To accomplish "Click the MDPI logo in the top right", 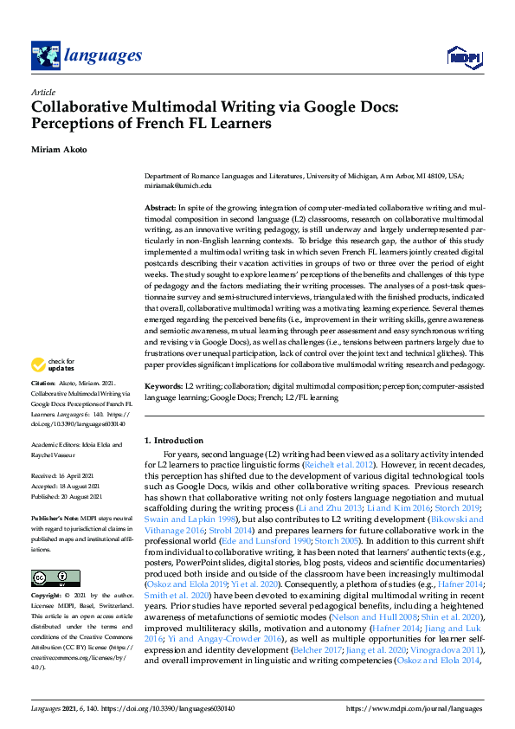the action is coord(464,56).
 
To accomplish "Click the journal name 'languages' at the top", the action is coord(102,56).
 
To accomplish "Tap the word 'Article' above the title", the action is coord(42,92).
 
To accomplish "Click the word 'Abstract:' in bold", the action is coord(159,209).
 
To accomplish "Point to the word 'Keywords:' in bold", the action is coord(163,385).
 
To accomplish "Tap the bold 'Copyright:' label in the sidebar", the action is coord(46,572).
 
